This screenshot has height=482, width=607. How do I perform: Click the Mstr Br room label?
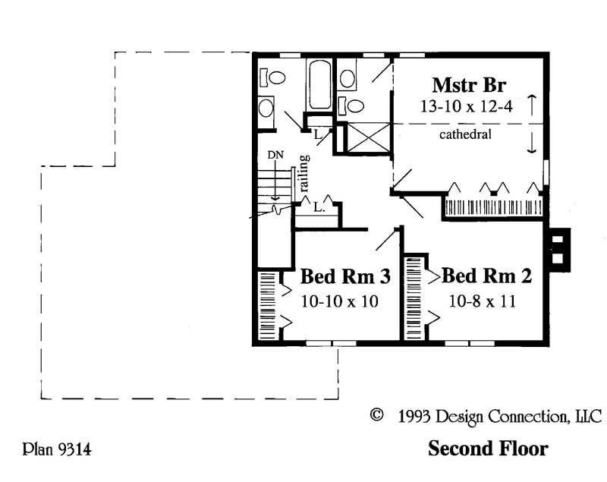469,83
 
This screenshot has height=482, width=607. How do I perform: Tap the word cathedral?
465,135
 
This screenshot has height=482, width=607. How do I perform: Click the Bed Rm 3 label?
345,276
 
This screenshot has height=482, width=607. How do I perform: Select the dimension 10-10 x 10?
339,301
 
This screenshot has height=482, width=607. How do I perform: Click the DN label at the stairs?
275,156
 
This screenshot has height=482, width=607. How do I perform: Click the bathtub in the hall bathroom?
319,86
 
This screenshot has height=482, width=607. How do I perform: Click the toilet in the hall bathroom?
273,77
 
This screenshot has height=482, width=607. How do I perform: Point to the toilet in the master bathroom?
348,77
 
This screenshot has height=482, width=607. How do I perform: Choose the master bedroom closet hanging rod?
492,207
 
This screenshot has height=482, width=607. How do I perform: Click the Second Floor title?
487,449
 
